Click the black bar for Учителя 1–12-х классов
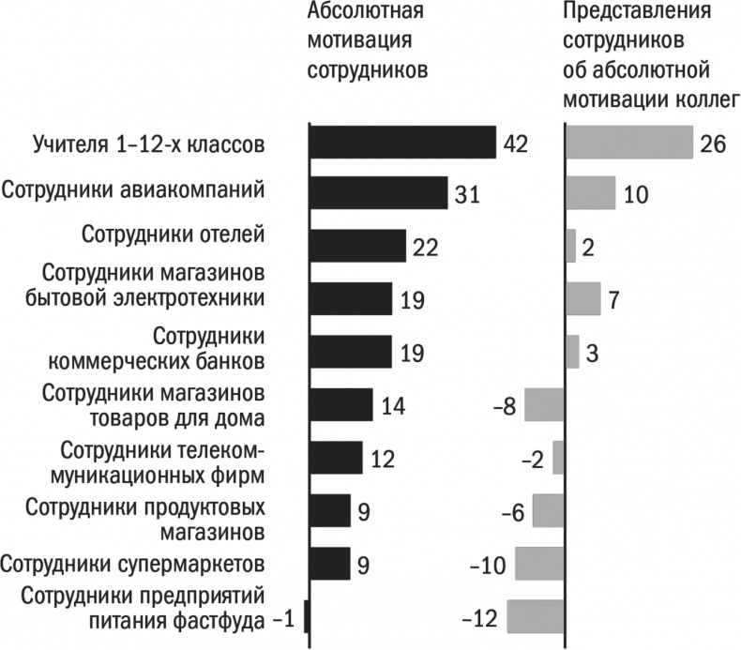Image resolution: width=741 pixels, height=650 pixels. (x=401, y=143)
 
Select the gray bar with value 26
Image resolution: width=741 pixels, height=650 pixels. (x=628, y=143)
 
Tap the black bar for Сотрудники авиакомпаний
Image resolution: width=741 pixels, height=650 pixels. (x=378, y=194)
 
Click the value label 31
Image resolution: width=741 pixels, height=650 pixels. (x=467, y=195)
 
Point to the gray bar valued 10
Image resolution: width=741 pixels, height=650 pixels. (x=590, y=193)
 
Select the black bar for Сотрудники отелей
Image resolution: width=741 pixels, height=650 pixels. (x=357, y=247)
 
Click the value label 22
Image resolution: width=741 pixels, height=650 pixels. (x=425, y=248)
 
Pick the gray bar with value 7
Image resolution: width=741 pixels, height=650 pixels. (x=582, y=299)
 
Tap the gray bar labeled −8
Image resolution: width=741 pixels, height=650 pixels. (x=544, y=405)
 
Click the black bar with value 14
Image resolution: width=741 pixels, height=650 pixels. (x=340, y=405)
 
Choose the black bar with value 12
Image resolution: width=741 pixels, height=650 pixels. (x=335, y=458)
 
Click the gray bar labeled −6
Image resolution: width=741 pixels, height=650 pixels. (x=548, y=511)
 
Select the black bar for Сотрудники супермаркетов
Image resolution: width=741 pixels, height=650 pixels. (x=329, y=564)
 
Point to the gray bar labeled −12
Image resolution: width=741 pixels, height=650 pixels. (x=535, y=616)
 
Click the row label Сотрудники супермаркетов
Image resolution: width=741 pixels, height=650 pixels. (x=144, y=564)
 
